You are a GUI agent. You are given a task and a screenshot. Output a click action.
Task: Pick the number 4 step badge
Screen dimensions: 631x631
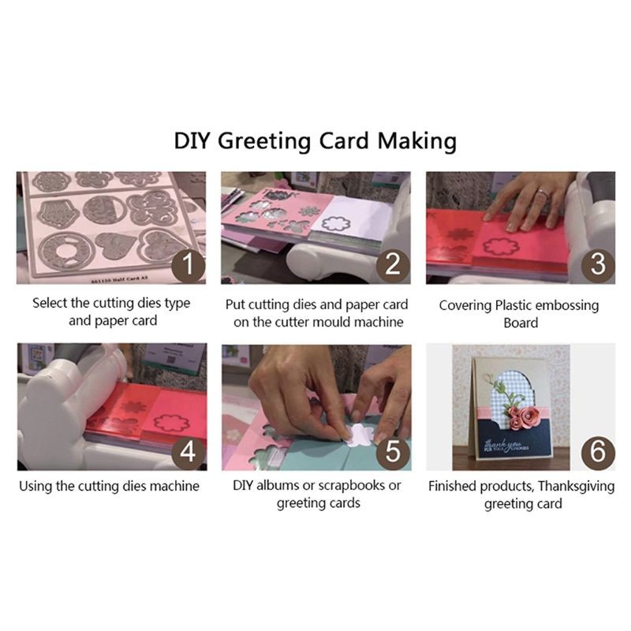(x=189, y=451)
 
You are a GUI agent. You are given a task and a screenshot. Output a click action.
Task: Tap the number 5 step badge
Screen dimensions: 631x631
(x=393, y=451)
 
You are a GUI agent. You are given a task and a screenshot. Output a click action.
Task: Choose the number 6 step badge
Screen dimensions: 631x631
(x=597, y=451)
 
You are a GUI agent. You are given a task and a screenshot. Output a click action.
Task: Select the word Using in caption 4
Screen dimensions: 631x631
(x=36, y=486)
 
